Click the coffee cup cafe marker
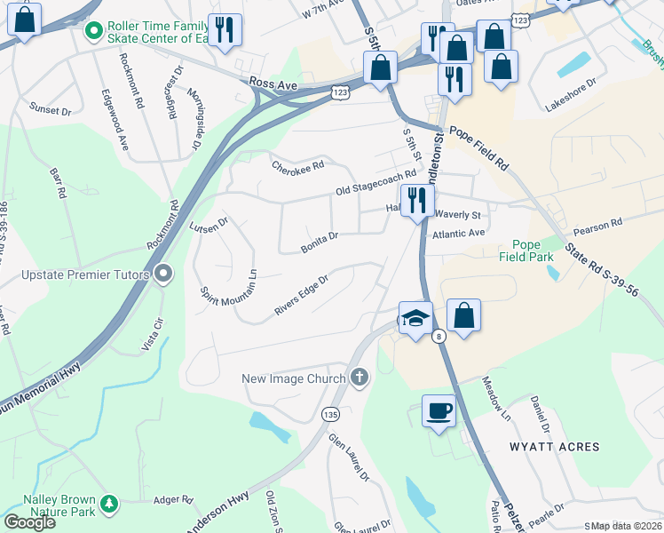tap(438, 410)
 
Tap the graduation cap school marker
tap(415, 317)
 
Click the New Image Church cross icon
tap(360, 378)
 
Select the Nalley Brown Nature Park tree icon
tap(109, 505)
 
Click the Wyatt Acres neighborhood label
tap(554, 446)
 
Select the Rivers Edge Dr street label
tap(302, 293)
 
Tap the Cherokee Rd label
tap(298, 166)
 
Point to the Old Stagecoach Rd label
tap(375, 184)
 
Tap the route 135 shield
tap(330, 414)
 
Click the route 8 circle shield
tap(439, 336)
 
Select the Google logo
tap(30, 522)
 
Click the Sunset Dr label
tap(50, 110)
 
